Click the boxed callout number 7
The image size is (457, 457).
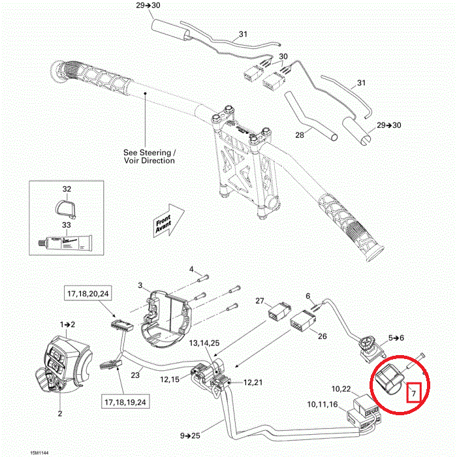pyautogui.click(x=414, y=394)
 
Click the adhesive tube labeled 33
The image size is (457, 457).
pyautogui.click(x=66, y=244)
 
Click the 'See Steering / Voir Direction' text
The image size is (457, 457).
pyautogui.click(x=150, y=155)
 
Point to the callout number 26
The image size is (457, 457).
pyautogui.click(x=322, y=337)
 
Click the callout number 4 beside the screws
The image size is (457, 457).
pyautogui.click(x=191, y=269)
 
